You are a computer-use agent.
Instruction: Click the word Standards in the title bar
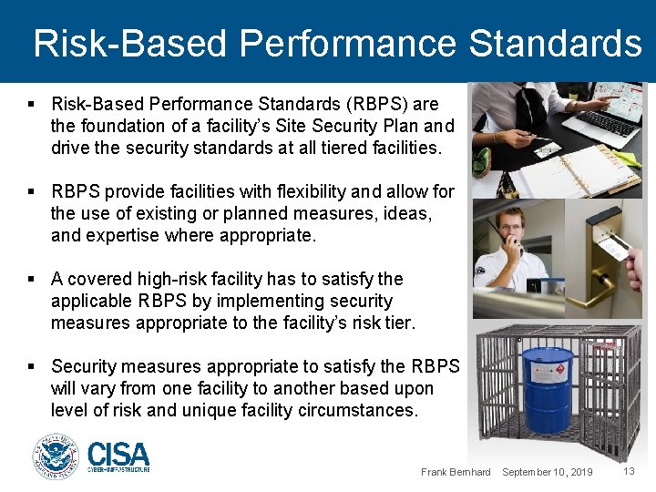[556, 43]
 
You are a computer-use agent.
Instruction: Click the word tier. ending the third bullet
[399, 323]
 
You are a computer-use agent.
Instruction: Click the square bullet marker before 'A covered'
[32, 279]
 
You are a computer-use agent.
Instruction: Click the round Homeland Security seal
[56, 456]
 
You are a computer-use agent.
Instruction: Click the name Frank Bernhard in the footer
[456, 472]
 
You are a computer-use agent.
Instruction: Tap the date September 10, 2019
[547, 472]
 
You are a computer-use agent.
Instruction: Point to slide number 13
[629, 471]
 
